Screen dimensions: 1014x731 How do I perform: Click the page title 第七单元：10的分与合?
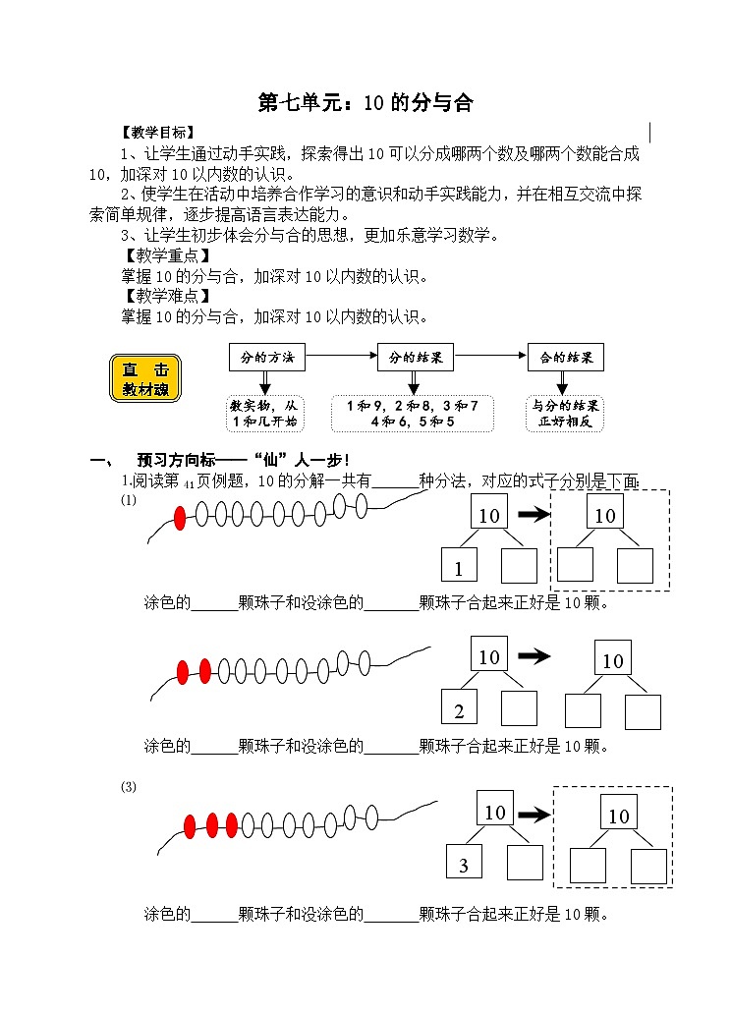click(x=365, y=103)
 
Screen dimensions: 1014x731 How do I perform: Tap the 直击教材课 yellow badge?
click(x=144, y=378)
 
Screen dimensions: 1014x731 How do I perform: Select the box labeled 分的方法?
click(x=267, y=358)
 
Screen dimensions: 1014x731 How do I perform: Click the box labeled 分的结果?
click(x=416, y=358)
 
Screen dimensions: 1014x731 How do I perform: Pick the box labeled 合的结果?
click(x=565, y=358)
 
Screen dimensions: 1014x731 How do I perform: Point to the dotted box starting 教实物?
click(x=263, y=414)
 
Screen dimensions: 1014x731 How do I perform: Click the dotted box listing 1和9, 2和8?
click(x=413, y=414)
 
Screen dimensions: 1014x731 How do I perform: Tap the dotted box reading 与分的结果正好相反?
click(x=566, y=414)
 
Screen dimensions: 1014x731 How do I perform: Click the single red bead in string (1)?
click(x=180, y=519)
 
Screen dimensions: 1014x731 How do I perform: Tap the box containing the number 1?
click(x=459, y=567)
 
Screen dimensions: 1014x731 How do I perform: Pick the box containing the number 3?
click(x=464, y=863)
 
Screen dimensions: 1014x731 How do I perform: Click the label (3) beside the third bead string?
click(x=129, y=787)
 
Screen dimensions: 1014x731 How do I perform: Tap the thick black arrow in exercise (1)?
click(x=534, y=514)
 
